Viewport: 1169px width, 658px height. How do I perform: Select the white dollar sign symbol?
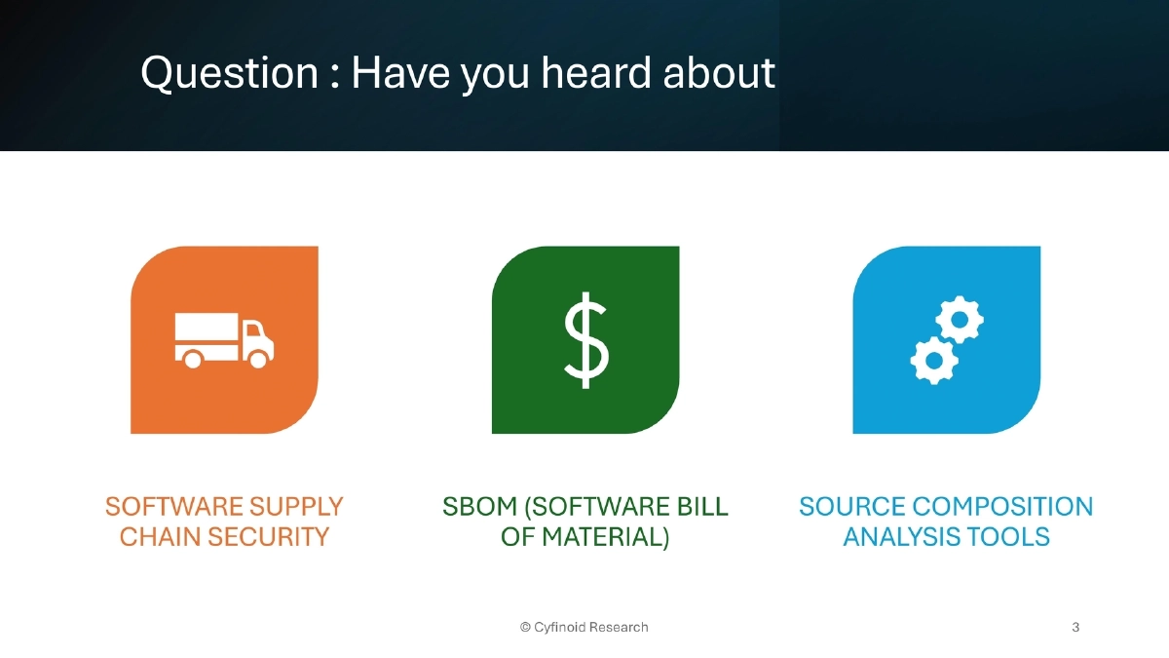[x=586, y=340]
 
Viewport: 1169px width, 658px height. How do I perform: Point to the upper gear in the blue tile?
[x=960, y=320]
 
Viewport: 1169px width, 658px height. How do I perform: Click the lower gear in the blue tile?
[x=934, y=360]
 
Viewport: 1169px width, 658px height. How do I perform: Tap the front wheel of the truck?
[x=258, y=360]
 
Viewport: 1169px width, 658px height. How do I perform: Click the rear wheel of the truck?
[x=193, y=360]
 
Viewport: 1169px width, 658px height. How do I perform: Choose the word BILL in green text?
[x=700, y=507]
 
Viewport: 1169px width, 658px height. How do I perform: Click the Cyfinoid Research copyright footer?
[x=584, y=627]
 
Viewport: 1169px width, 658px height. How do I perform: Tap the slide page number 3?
[x=1075, y=627]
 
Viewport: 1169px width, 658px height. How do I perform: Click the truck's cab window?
[x=253, y=331]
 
